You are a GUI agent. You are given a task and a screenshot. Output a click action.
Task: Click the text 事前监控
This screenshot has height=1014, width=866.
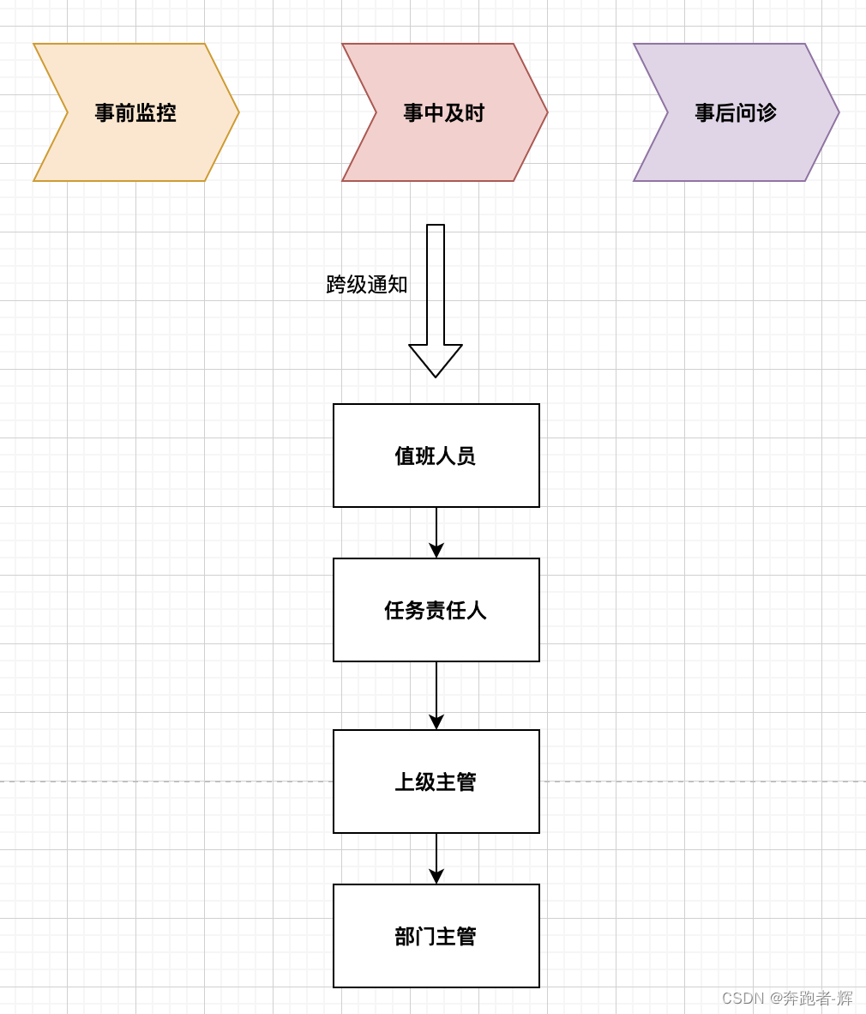[135, 112]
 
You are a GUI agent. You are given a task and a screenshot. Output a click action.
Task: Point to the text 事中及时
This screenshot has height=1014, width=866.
[444, 112]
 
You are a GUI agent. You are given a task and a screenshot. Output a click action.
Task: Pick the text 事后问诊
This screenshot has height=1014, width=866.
[736, 112]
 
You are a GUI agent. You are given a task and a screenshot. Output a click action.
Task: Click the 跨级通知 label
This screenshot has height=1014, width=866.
[367, 285]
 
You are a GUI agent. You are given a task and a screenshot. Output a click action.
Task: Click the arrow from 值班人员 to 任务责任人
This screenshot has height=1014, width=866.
[436, 528]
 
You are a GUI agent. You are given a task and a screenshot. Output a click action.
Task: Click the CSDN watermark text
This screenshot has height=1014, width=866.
[787, 998]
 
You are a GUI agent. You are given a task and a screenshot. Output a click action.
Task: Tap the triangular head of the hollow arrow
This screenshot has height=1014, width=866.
[436, 359]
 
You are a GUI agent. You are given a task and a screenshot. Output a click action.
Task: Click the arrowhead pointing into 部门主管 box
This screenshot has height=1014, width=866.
[436, 876]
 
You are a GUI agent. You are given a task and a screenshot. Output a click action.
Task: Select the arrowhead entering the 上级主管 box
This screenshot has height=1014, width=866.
[436, 721]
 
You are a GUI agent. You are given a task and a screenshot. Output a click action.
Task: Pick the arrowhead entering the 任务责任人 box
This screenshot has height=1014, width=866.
[436, 550]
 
